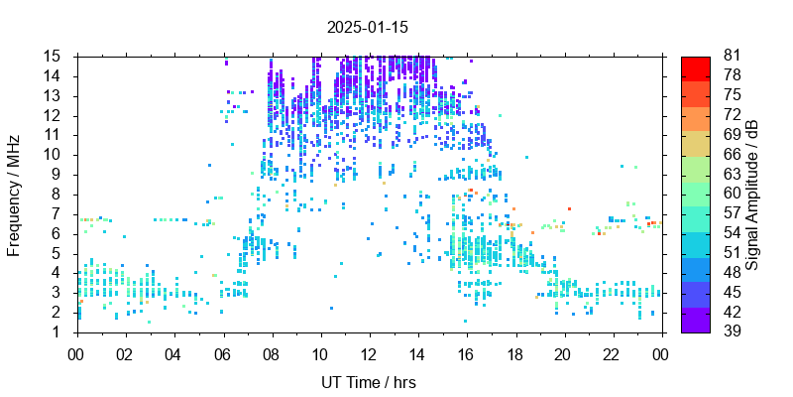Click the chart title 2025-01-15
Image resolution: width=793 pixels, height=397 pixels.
pos(368,27)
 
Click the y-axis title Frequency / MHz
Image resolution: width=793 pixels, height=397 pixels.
pos(15,194)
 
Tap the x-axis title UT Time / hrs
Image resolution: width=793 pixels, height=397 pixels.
pos(369,382)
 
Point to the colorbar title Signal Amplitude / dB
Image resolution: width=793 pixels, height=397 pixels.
pos(752,194)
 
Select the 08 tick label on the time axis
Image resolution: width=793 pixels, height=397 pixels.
pos(271,353)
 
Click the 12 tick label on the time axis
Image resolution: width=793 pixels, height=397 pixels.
pos(369,353)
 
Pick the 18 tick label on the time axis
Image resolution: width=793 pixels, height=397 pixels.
pos(514,353)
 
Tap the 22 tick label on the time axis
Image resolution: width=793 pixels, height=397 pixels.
pos(612,353)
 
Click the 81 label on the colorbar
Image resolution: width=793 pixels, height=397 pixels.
pos(733,56)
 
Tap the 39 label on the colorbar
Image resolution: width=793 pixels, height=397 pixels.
pos(733,331)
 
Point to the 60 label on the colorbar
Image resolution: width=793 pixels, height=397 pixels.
pos(733,194)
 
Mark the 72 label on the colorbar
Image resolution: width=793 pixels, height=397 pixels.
pos(733,115)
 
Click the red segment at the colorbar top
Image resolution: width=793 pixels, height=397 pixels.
pos(696,68)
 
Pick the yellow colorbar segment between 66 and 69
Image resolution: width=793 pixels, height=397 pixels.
pos(696,144)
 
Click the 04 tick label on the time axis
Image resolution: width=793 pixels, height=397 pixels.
pos(173,353)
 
